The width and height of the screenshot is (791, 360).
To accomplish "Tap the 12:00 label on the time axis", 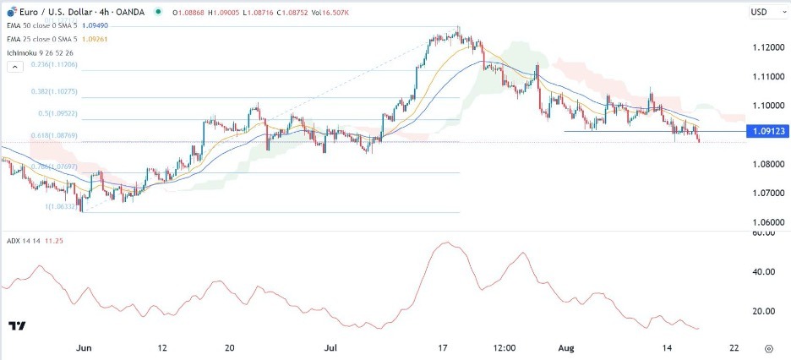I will [x=506, y=347].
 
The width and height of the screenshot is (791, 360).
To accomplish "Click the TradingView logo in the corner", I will [x=16, y=325].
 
